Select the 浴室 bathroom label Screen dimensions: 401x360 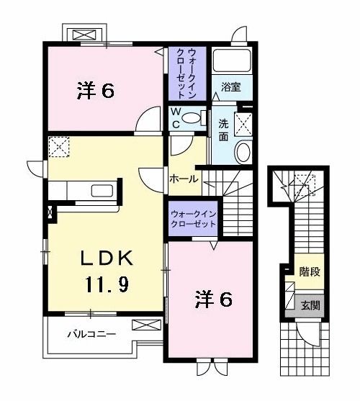(230, 89)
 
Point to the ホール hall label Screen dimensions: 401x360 (184, 179)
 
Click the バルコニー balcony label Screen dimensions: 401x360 (92, 334)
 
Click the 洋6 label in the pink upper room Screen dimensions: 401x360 (95, 91)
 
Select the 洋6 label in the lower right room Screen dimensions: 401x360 (213, 299)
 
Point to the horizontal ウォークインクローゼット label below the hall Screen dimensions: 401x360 (193, 218)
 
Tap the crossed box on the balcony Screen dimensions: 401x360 (143, 326)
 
